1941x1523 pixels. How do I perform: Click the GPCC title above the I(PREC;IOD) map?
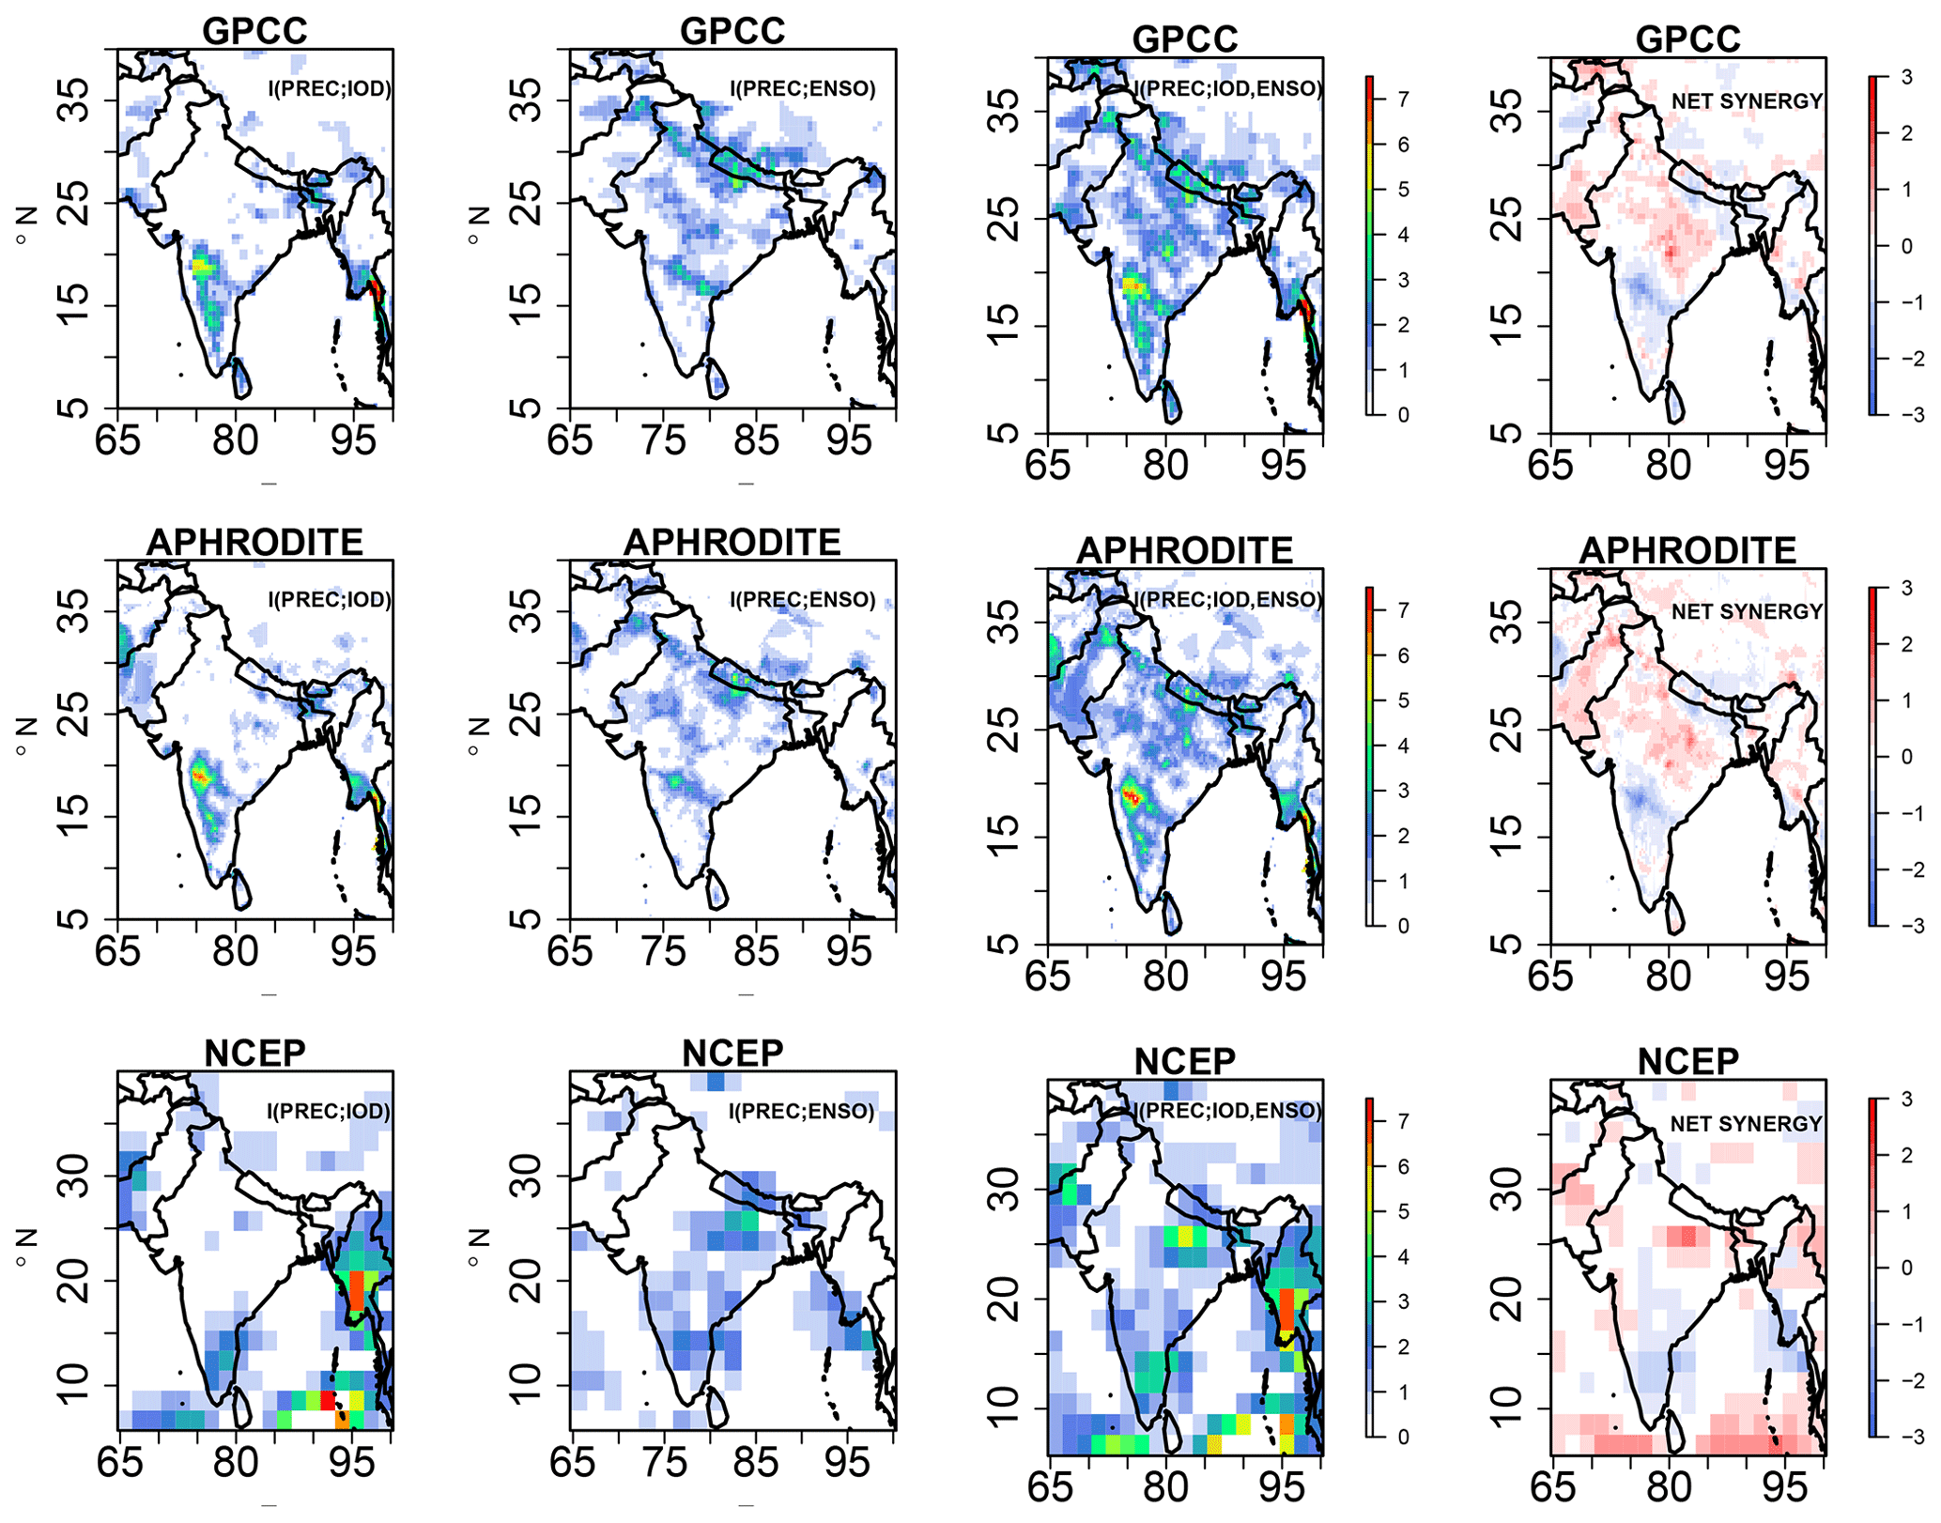254,31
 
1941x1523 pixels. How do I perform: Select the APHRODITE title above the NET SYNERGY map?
1687,550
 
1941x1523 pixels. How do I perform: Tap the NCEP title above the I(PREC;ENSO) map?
732,1054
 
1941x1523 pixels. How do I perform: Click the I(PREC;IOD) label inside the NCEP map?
329,1112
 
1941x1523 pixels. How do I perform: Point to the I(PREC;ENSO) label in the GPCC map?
802,89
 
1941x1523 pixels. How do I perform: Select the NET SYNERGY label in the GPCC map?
1747,101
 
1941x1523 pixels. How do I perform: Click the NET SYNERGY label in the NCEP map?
1746,1124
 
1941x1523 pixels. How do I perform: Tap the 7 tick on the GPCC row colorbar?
1403,99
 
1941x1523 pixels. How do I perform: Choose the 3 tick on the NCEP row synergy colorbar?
1906,1100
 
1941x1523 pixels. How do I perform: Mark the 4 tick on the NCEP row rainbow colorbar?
1403,1257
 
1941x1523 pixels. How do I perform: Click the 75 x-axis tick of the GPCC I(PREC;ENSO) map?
663,439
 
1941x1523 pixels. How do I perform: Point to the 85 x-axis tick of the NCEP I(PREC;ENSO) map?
756,1462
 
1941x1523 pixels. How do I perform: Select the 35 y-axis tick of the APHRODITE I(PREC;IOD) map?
75,611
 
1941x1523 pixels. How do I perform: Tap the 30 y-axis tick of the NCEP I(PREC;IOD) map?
75,1176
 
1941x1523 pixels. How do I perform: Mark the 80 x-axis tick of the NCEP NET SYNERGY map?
1669,1487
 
